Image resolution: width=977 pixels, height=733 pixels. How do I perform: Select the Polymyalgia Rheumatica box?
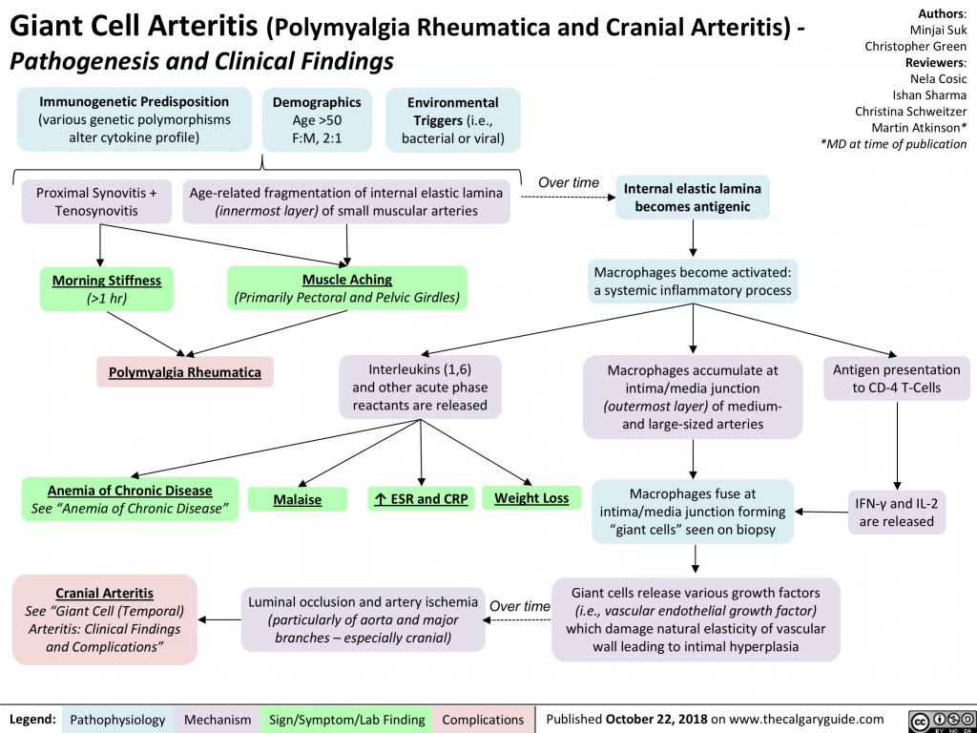(x=185, y=371)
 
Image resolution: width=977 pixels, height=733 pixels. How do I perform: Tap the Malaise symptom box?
(x=298, y=499)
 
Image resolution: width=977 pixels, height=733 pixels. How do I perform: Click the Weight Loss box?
(x=531, y=497)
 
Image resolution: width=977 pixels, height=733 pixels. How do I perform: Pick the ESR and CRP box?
(x=421, y=498)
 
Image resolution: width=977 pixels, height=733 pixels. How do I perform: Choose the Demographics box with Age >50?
(x=316, y=119)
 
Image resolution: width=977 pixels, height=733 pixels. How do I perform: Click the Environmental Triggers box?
(x=452, y=119)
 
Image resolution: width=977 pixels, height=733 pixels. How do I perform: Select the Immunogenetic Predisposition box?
(x=134, y=119)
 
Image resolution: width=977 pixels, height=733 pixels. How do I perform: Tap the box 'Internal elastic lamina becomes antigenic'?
(x=692, y=198)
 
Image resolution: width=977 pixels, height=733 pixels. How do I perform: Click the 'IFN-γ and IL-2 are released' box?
(x=897, y=511)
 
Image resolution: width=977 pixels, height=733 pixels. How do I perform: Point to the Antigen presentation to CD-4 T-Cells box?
(x=896, y=378)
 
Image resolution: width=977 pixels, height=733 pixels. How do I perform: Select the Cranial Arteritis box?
(x=105, y=619)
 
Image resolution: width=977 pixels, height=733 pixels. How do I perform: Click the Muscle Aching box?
(x=346, y=288)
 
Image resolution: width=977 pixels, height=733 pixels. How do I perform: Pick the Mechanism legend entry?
(x=218, y=719)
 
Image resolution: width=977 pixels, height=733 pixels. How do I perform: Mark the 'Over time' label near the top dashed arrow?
(x=569, y=182)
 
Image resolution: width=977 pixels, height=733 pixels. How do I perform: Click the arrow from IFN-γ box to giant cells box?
(x=823, y=513)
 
